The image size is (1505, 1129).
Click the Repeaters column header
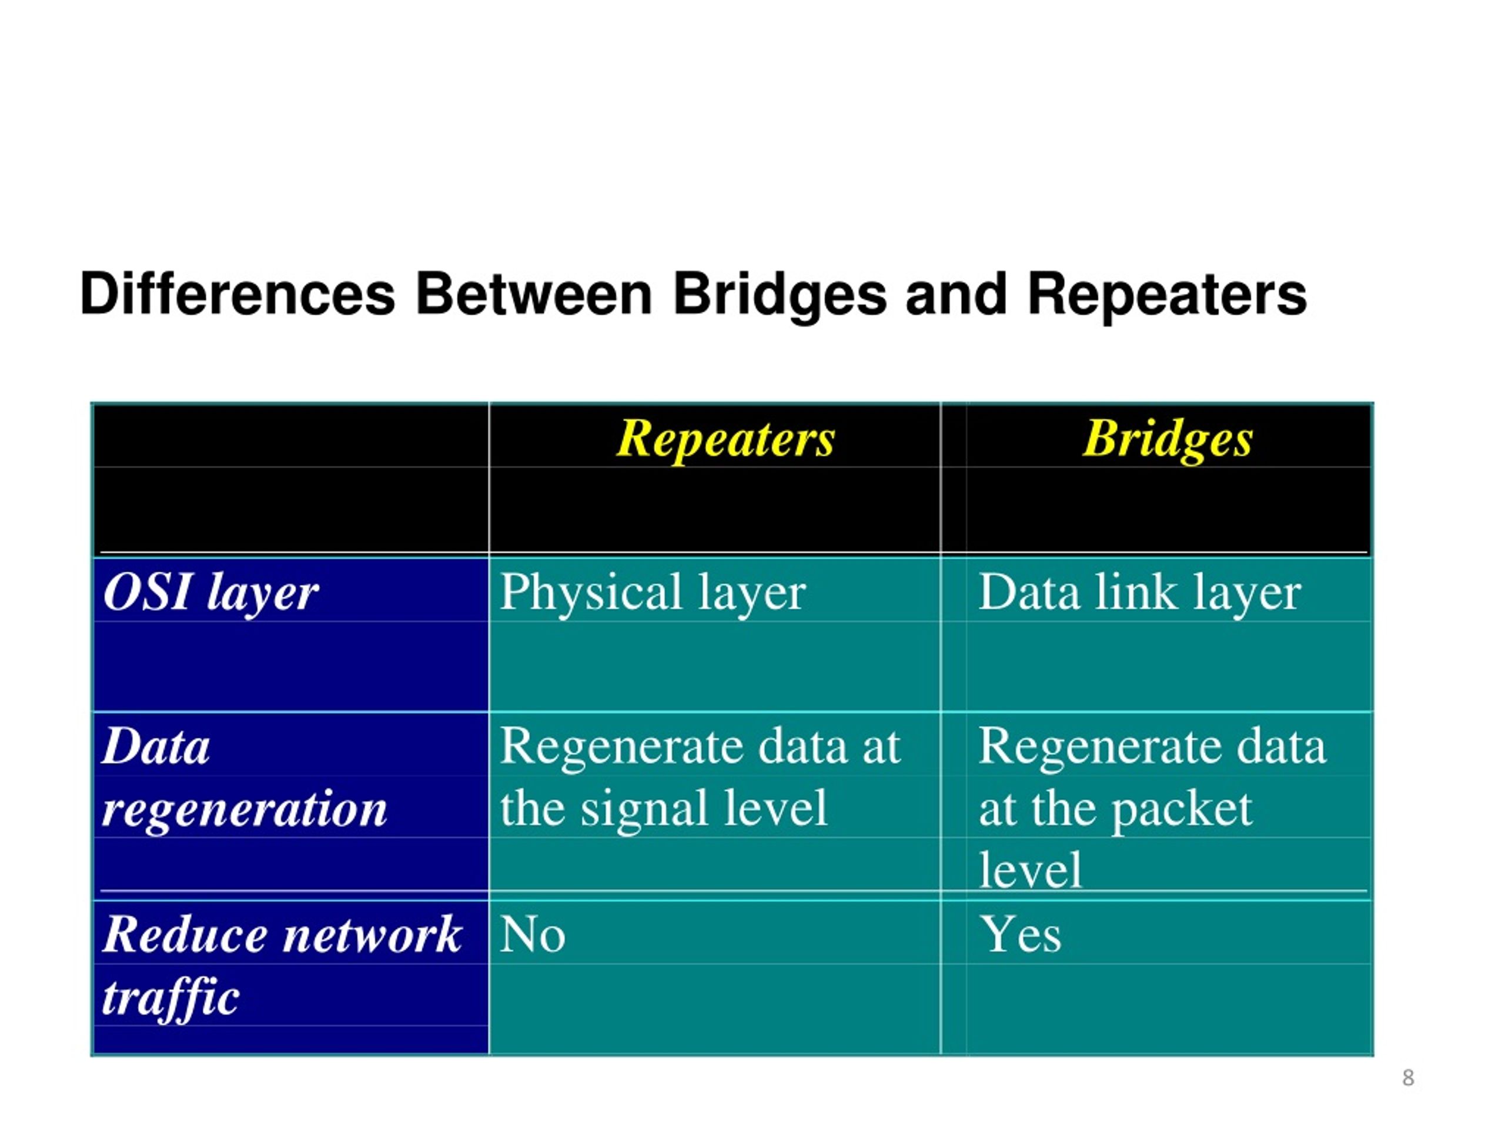coord(725,439)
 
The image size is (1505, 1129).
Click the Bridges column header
coord(1168,439)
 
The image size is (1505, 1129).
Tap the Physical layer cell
coord(653,593)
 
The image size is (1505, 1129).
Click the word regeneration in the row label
coord(244,810)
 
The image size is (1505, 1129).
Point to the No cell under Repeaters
coord(532,934)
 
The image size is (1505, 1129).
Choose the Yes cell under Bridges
coord(1020,934)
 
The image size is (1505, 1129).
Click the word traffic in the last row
coord(170,998)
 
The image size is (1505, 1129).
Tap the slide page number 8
coord(1408,1078)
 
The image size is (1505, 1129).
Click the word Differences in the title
coord(238,294)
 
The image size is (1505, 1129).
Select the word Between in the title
coord(534,294)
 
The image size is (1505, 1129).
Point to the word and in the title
coord(955,294)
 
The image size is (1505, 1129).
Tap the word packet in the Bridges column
coord(1182,810)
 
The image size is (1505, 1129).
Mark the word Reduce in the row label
coord(183,934)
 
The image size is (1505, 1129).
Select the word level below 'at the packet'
coord(1030,870)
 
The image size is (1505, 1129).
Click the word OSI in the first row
coord(147,592)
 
